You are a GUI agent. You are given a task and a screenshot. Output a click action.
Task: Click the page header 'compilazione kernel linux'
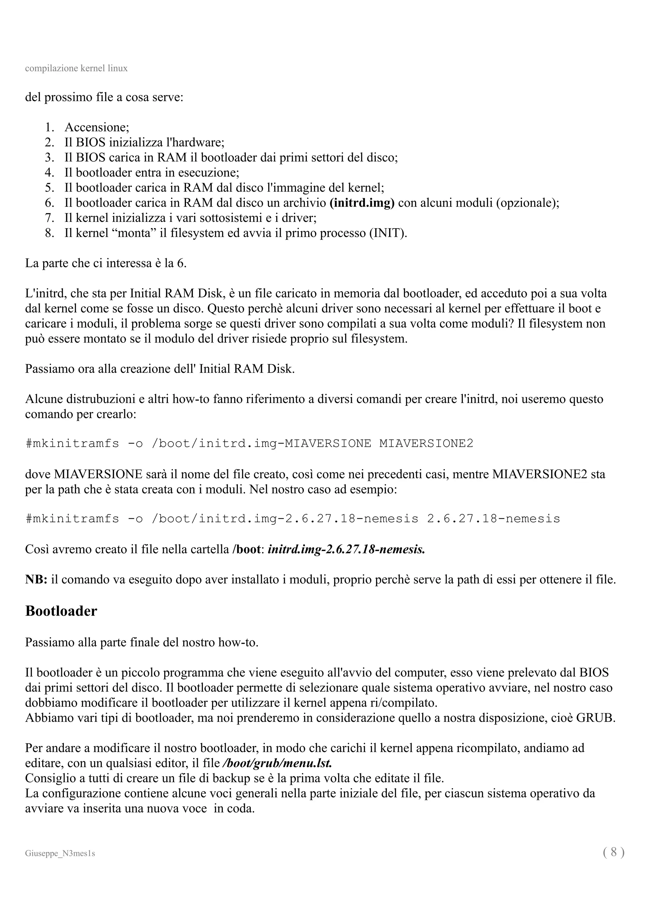pos(76,68)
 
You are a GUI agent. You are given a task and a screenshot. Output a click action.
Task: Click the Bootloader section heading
pos(61,611)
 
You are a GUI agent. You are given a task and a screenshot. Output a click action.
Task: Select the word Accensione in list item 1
pos(96,127)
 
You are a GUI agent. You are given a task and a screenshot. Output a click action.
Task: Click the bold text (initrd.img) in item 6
pos(362,203)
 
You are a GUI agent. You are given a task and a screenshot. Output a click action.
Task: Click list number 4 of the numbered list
pos(49,173)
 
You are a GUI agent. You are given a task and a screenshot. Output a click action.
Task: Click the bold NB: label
pos(36,579)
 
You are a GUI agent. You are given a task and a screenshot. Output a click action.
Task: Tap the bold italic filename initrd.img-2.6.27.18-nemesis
pos(346,549)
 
